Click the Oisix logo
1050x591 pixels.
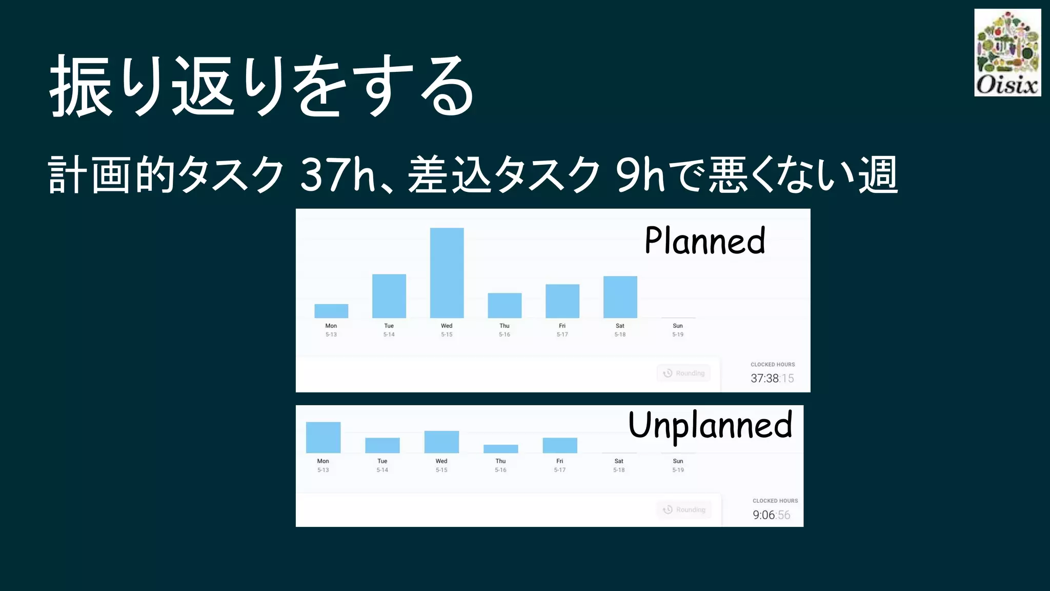coord(1007,52)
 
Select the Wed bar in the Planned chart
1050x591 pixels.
coord(447,273)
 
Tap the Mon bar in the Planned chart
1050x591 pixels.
coord(331,311)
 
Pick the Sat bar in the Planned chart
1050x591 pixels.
coord(620,297)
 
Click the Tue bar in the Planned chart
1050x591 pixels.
coord(389,296)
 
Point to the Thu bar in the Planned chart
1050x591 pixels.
coord(504,305)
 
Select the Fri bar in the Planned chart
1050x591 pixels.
coord(562,301)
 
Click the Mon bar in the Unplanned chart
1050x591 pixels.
coord(323,438)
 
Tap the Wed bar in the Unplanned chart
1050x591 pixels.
coord(441,442)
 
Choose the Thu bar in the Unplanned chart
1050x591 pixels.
coord(500,449)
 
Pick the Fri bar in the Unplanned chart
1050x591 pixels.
coord(560,445)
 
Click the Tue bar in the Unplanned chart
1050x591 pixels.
coord(382,445)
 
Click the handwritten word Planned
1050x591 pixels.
coord(705,241)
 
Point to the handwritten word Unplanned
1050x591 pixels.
coord(710,425)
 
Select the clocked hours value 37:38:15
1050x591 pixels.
coord(772,379)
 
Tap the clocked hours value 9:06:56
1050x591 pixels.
coord(771,515)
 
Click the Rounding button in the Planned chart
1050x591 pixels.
coord(683,373)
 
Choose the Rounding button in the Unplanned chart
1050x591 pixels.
coord(684,509)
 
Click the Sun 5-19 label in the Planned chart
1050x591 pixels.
coord(678,330)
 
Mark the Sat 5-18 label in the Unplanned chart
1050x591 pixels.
coord(619,465)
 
